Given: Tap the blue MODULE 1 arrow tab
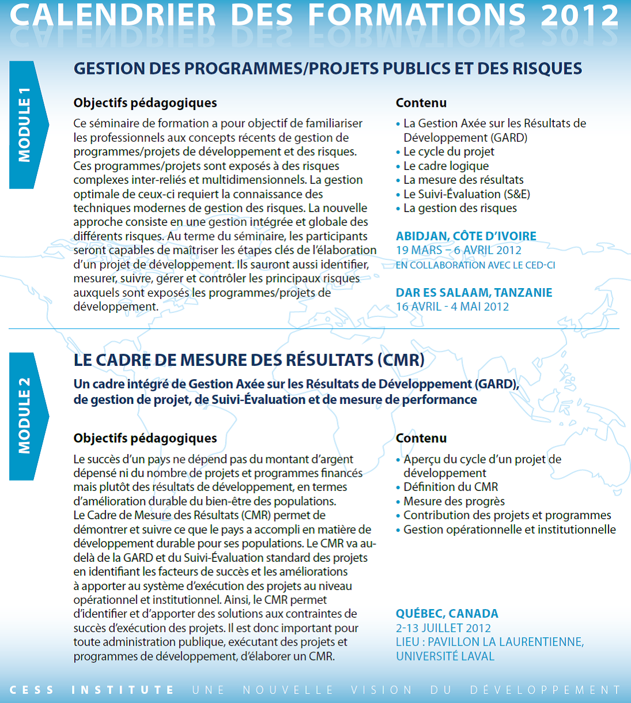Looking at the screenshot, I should (x=26, y=125).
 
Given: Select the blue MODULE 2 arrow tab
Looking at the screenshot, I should (x=26, y=416).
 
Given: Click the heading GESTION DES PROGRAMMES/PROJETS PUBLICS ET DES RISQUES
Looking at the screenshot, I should (x=328, y=69).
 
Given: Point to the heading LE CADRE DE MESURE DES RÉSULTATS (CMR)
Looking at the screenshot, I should (x=249, y=360).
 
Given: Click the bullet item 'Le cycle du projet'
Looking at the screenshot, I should (x=448, y=152).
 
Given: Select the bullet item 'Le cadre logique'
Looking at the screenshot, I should (x=446, y=166).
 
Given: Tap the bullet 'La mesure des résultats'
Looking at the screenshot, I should (x=463, y=180).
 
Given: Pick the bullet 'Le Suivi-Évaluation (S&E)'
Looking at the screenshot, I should (x=466, y=194).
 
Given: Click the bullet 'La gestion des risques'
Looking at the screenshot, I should (x=459, y=208).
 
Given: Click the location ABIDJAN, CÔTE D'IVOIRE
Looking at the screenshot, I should (x=466, y=236).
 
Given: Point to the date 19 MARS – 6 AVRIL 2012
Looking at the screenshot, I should (x=458, y=250).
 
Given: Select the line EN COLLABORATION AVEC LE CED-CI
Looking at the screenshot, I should (x=475, y=265).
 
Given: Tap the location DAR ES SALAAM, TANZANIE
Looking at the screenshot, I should (x=474, y=293).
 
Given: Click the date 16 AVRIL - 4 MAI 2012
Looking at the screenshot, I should (x=452, y=307).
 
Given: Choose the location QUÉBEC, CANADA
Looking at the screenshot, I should (x=447, y=614).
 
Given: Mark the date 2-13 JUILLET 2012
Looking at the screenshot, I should (x=443, y=628).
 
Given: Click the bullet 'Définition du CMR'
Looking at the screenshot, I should (x=450, y=487).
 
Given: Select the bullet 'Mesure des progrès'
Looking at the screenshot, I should (x=454, y=501).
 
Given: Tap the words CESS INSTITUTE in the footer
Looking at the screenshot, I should (x=92, y=690).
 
